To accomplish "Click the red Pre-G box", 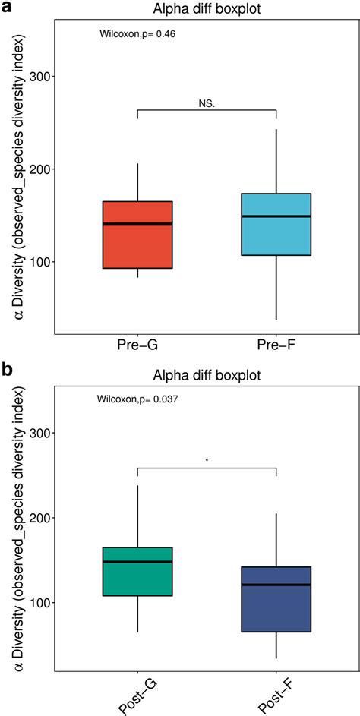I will (137, 235).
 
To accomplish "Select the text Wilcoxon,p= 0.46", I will (137, 34).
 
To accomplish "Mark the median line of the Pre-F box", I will (276, 216).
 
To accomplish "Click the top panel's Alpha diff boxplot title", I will (207, 9).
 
